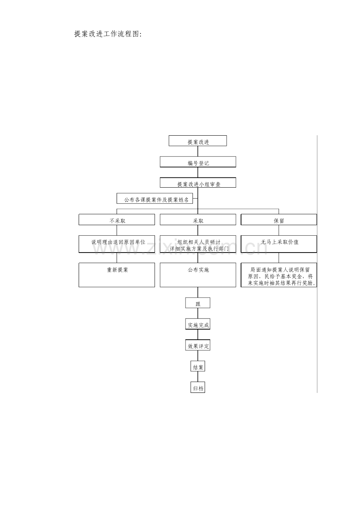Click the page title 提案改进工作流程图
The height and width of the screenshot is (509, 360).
coord(108,34)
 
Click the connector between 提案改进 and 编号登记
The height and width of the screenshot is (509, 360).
coord(198,151)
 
